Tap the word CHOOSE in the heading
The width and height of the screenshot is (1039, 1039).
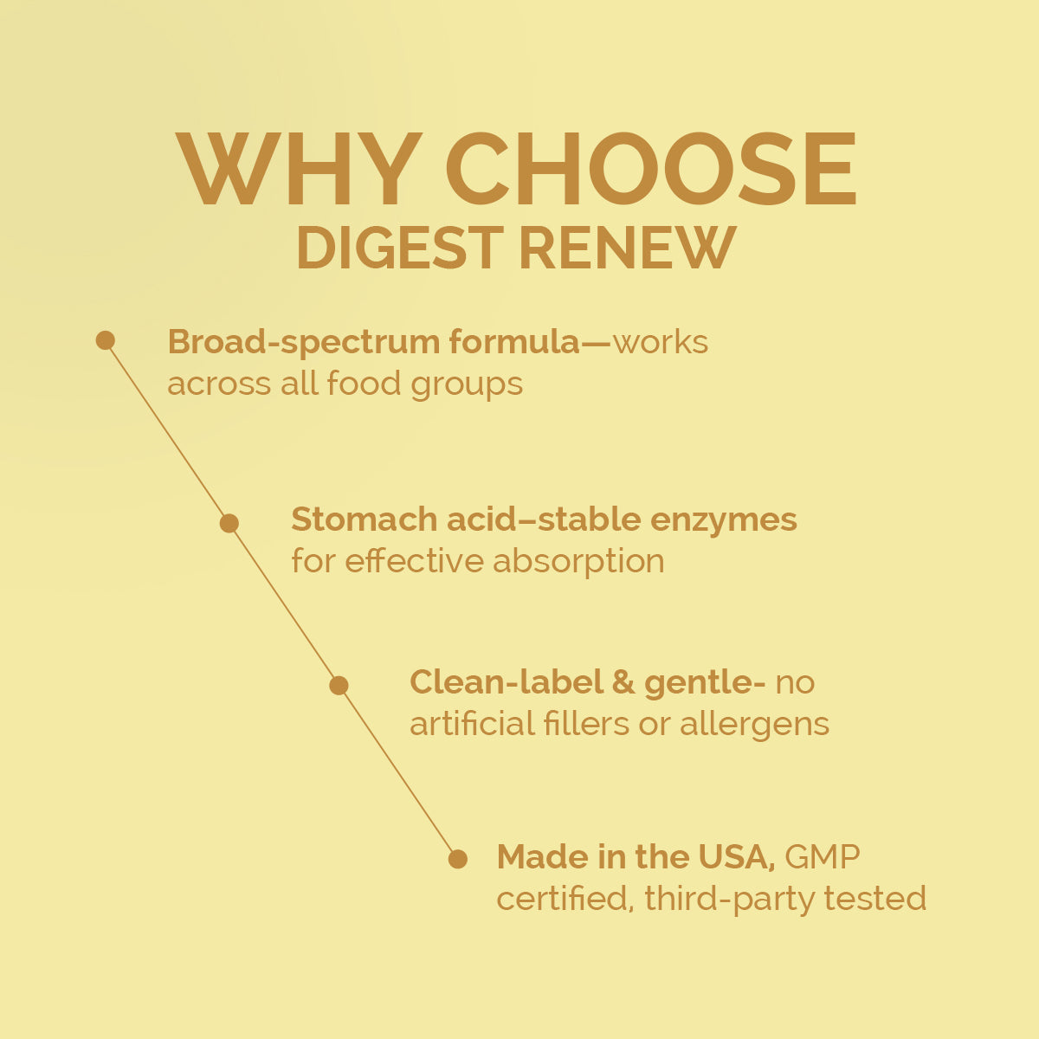coord(651,169)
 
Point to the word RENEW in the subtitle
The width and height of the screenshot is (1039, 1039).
coord(628,248)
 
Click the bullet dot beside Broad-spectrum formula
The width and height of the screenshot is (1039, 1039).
coord(105,340)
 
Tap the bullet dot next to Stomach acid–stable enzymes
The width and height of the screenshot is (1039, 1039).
coord(229,523)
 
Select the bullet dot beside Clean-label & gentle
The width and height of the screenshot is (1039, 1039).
coord(339,685)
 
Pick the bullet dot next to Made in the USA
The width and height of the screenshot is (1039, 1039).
coord(458,859)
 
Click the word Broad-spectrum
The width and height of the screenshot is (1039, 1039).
coord(304,343)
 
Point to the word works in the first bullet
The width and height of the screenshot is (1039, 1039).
coord(661,342)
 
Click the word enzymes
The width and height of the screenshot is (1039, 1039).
coord(724,522)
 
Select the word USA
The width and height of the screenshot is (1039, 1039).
coord(737,857)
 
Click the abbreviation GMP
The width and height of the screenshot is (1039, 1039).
coord(823,857)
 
